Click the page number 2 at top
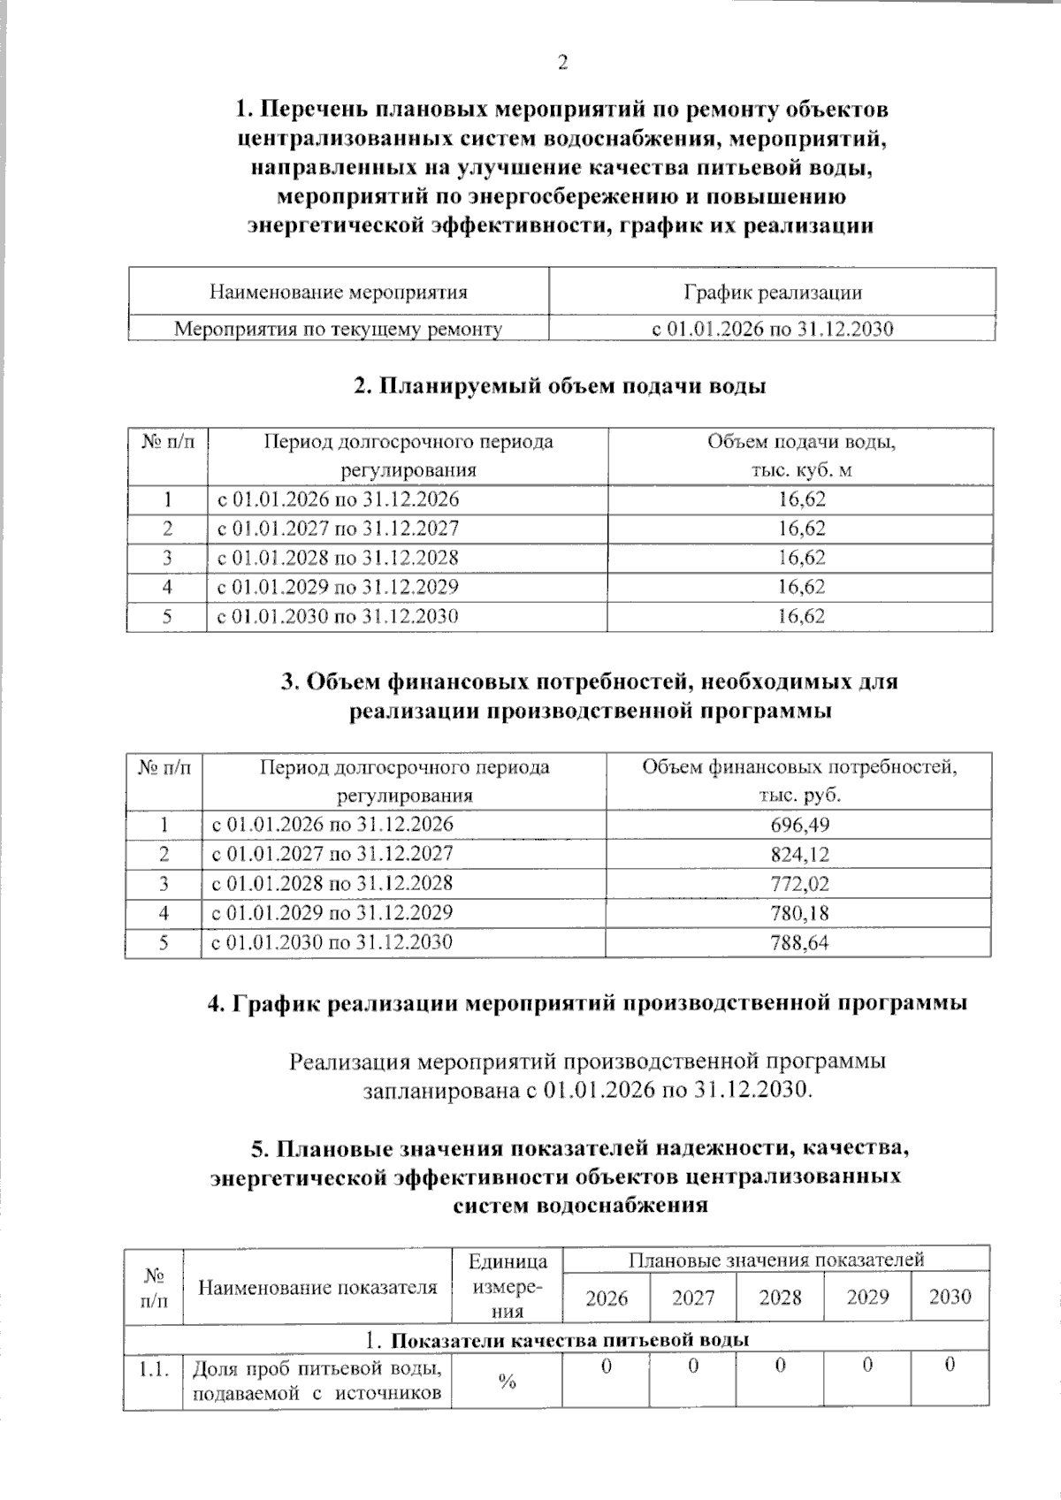click(562, 62)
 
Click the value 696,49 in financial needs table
click(800, 825)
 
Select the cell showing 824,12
click(800, 854)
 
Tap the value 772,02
click(800, 883)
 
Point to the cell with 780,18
click(800, 912)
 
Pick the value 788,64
click(800, 942)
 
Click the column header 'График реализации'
click(772, 292)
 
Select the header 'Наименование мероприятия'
click(338, 292)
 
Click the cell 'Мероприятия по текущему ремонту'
click(338, 330)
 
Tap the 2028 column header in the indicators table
click(780, 1298)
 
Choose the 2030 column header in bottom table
click(950, 1297)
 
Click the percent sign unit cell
click(507, 1382)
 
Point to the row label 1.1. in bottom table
click(154, 1369)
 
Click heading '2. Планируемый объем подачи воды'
click(560, 386)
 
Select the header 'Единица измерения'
click(507, 1286)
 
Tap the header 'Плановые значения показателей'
click(775, 1259)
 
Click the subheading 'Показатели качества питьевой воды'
click(569, 1339)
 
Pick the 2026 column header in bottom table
click(607, 1298)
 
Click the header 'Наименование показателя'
click(317, 1287)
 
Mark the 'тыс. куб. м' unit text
click(801, 470)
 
